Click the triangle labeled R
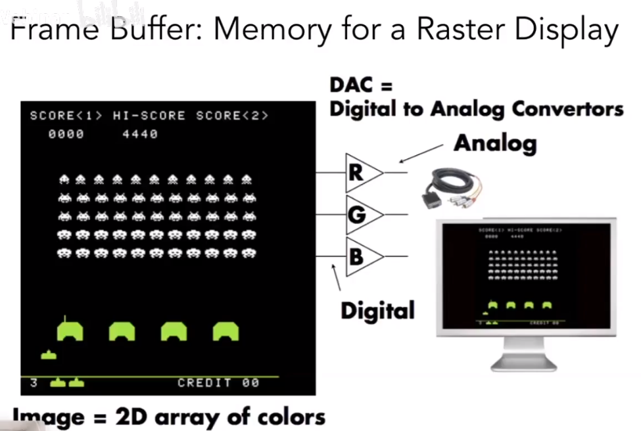pyautogui.click(x=362, y=173)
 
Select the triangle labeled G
pyautogui.click(x=362, y=214)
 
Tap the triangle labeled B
pyautogui.click(x=362, y=256)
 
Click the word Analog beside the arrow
pyautogui.click(x=494, y=143)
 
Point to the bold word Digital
pyautogui.click(x=377, y=309)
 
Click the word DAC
pyautogui.click(x=352, y=85)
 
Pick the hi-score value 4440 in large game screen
pyautogui.click(x=140, y=134)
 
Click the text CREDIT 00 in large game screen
pyautogui.click(x=218, y=382)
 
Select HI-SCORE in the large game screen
pyautogui.click(x=149, y=116)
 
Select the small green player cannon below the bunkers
pyautogui.click(x=49, y=355)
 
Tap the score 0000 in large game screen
pyautogui.click(x=66, y=134)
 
